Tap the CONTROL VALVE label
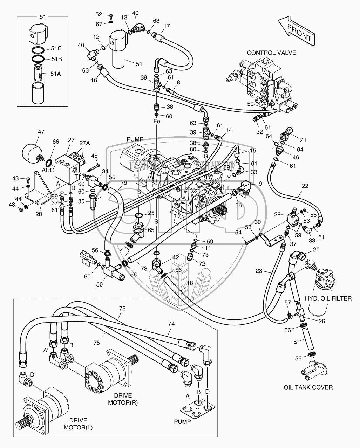[x=271, y=53]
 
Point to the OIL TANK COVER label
[x=308, y=387]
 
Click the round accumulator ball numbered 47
[x=31, y=152]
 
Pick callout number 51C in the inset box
[x=56, y=49]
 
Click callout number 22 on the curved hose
[x=305, y=186]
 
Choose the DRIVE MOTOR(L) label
[x=78, y=424]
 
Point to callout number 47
[x=41, y=132]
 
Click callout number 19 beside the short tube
[x=294, y=343]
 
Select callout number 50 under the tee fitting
[x=99, y=284]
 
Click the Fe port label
[x=157, y=122]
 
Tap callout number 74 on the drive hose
[x=171, y=324]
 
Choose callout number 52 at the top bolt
[x=99, y=14]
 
